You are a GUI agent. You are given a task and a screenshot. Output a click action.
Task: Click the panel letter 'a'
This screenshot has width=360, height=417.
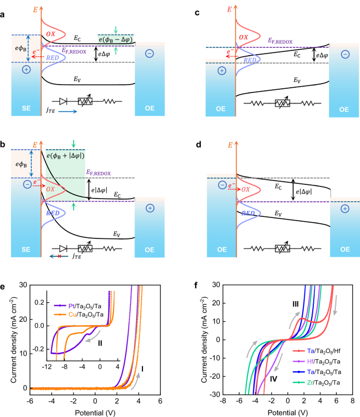click(x=4, y=15)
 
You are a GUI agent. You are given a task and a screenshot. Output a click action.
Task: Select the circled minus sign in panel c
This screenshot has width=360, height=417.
click(x=344, y=54)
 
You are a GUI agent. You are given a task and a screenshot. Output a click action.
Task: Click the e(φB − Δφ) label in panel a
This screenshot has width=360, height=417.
click(x=116, y=39)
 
